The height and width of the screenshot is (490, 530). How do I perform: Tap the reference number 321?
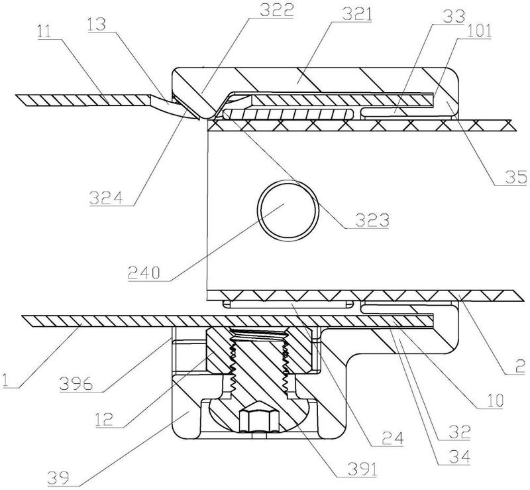tap(356, 15)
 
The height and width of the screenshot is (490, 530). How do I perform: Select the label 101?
tap(480, 31)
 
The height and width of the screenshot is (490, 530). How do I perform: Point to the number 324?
tap(106, 198)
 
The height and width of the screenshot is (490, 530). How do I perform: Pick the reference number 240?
tap(144, 273)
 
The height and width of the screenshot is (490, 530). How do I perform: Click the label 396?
tap(76, 384)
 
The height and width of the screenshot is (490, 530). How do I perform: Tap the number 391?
tap(362, 469)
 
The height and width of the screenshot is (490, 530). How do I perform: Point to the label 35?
tap(516, 178)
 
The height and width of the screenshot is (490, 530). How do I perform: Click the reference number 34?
tap(459, 458)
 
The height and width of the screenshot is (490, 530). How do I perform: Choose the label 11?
tap(44, 32)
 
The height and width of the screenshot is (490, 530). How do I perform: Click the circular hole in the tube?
tap(288, 210)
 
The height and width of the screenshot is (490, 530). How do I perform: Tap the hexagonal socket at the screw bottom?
tap(260, 421)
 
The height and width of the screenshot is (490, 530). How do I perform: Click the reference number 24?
tap(393, 439)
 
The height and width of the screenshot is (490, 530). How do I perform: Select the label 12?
tap(104, 420)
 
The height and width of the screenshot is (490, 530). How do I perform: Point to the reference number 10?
tap(495, 401)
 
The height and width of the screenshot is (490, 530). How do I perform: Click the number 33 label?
tap(454, 16)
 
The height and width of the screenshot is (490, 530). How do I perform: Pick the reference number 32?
tap(459, 432)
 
